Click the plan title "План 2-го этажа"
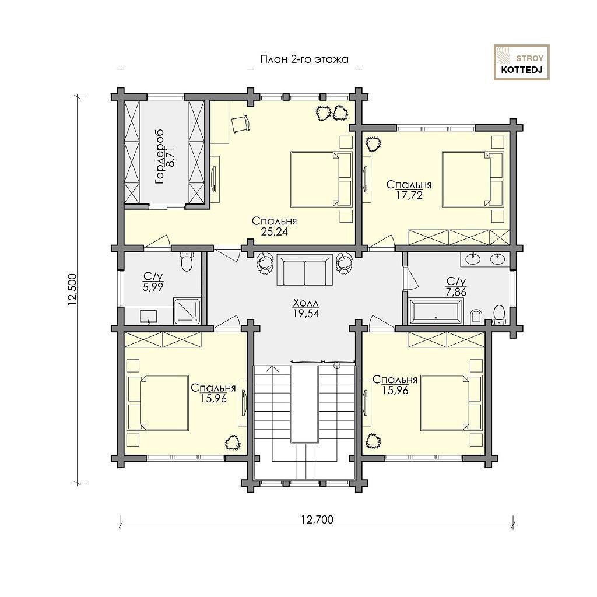click(x=304, y=59)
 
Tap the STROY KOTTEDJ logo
click(x=522, y=62)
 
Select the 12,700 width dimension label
click(x=317, y=519)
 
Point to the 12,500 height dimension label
click(x=72, y=289)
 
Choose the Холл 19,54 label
click(x=305, y=308)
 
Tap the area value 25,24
click(x=275, y=231)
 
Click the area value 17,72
click(x=409, y=195)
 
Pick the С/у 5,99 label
click(x=153, y=282)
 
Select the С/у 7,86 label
click(x=456, y=287)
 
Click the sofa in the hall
click(x=304, y=270)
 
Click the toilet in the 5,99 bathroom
click(x=187, y=261)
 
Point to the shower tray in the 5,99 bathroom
click(x=187, y=311)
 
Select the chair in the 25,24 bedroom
click(x=240, y=123)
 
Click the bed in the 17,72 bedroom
click(x=473, y=179)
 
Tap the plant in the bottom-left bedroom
click(x=232, y=443)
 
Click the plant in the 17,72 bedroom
click(x=373, y=144)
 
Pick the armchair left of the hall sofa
click(x=265, y=262)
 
